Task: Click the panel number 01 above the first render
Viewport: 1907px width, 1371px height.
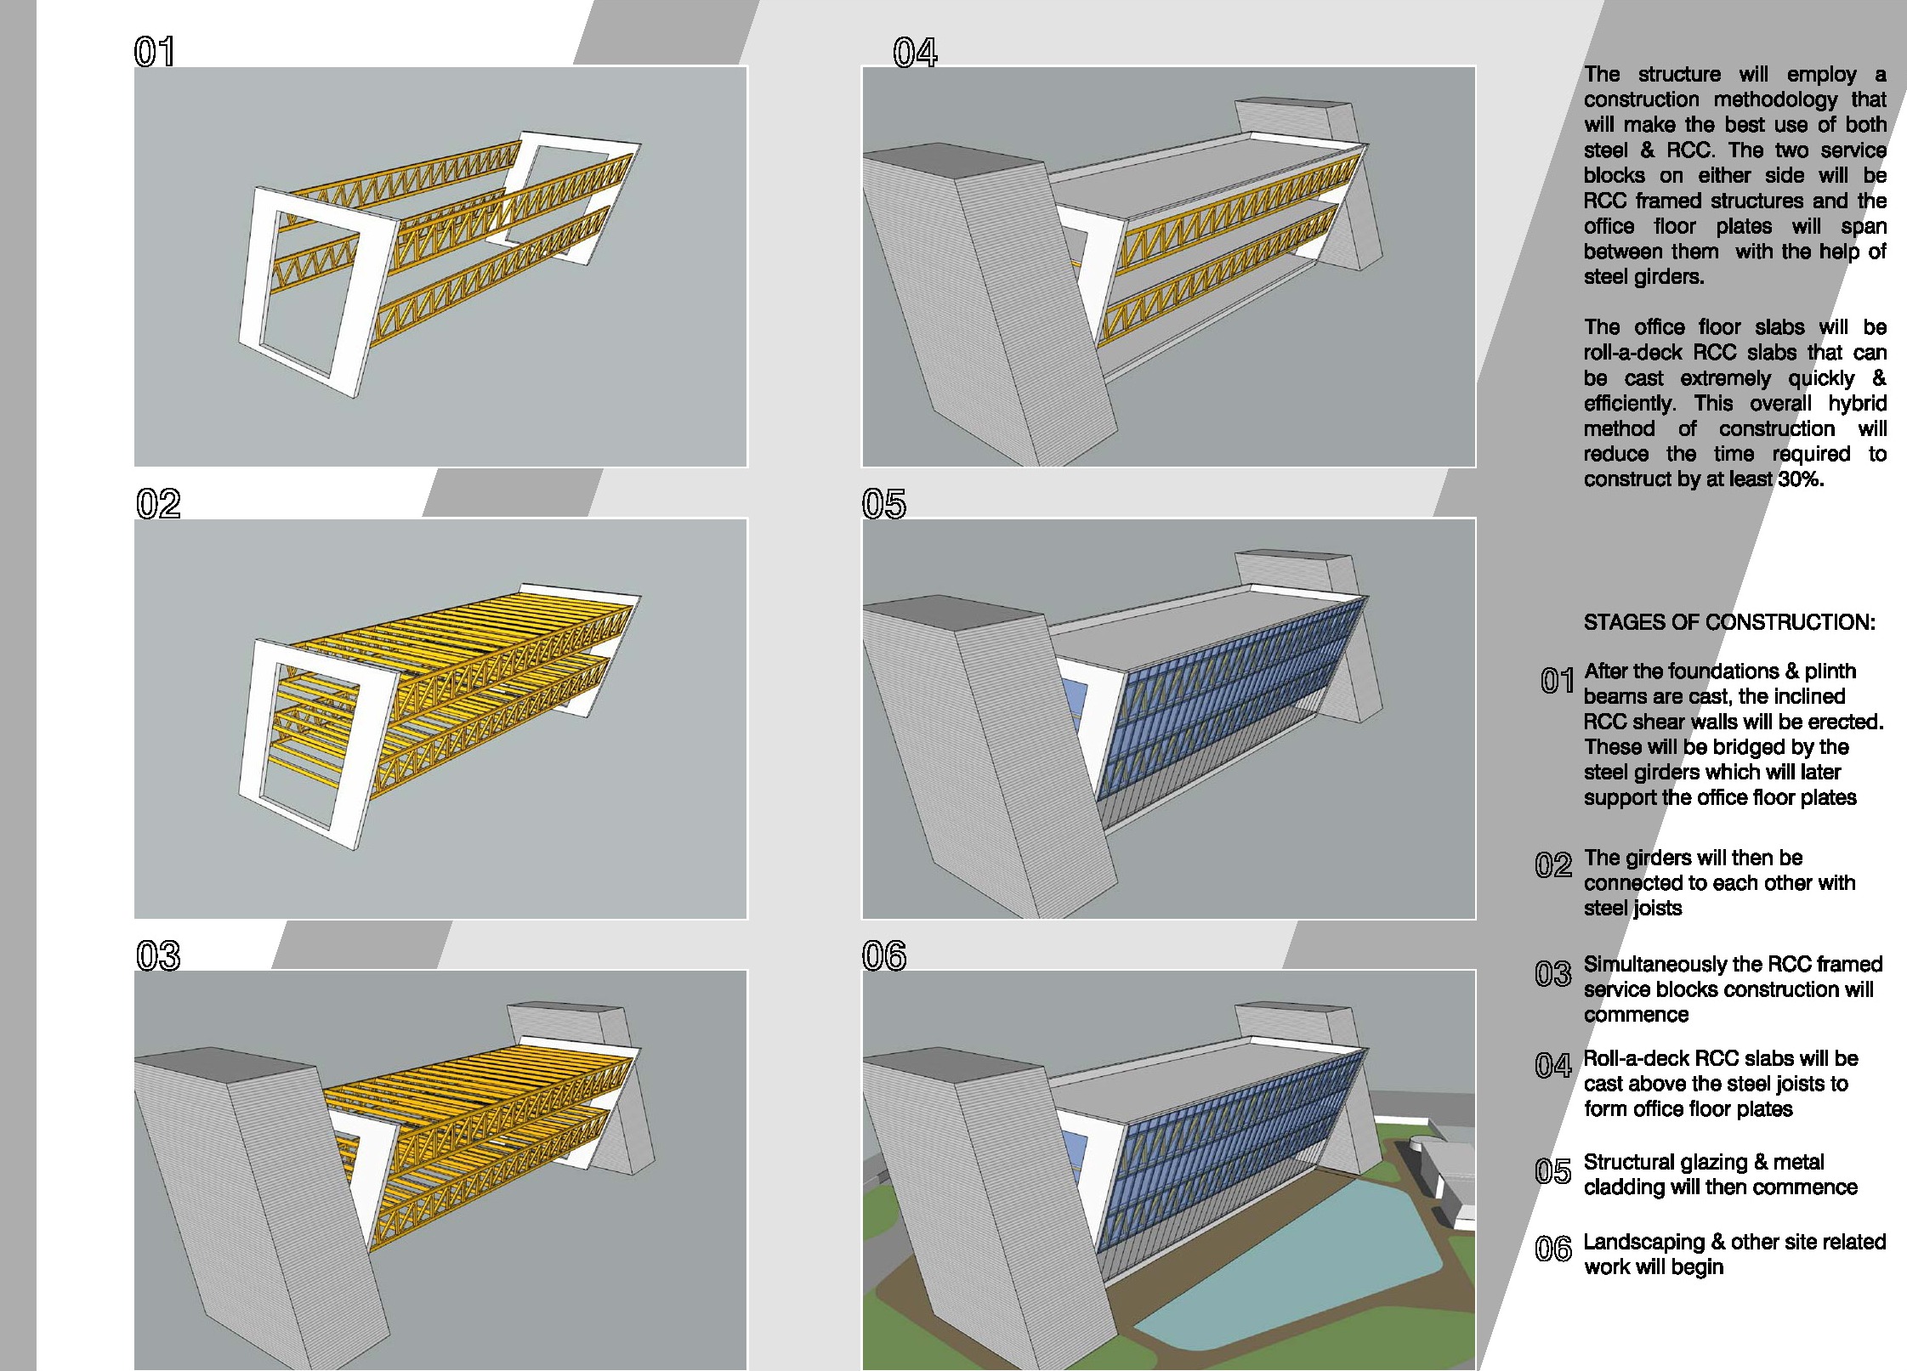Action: pyautogui.click(x=155, y=52)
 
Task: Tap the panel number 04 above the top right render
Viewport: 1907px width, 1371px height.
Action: pyautogui.click(x=915, y=53)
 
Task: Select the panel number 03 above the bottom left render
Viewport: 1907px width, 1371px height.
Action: pyautogui.click(x=158, y=956)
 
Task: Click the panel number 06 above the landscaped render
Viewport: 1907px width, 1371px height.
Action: pyautogui.click(x=884, y=956)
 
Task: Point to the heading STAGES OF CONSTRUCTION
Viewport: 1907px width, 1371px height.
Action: pyautogui.click(x=1728, y=622)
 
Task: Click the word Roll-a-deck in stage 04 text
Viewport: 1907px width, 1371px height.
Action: pyautogui.click(x=1635, y=1058)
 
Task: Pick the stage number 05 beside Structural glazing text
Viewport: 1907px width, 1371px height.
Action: pyautogui.click(x=1552, y=1172)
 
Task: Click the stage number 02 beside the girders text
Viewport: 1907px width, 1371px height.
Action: pyautogui.click(x=1552, y=865)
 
